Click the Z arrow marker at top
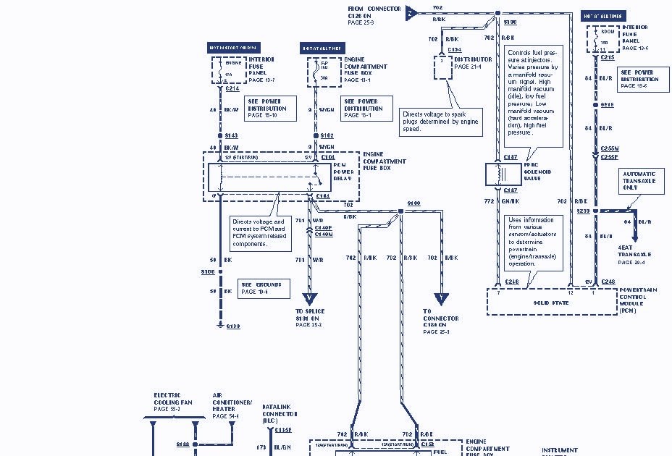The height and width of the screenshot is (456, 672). [411, 12]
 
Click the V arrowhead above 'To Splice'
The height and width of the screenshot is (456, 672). [310, 297]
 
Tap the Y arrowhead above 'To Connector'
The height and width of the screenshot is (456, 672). [441, 299]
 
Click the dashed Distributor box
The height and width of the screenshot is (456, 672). [442, 64]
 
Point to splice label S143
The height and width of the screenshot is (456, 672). [232, 136]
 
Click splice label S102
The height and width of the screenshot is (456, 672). [327, 136]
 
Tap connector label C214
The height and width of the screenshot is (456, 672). [232, 89]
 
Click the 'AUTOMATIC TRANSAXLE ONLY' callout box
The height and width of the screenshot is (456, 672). [639, 180]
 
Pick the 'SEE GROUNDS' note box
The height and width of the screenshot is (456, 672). [263, 287]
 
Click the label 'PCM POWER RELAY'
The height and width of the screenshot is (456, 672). [343, 171]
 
